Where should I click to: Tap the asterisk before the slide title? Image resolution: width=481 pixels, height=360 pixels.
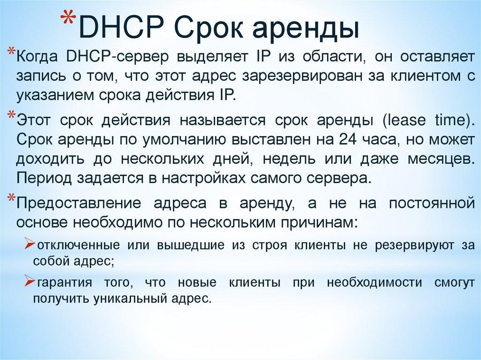(x=69, y=23)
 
